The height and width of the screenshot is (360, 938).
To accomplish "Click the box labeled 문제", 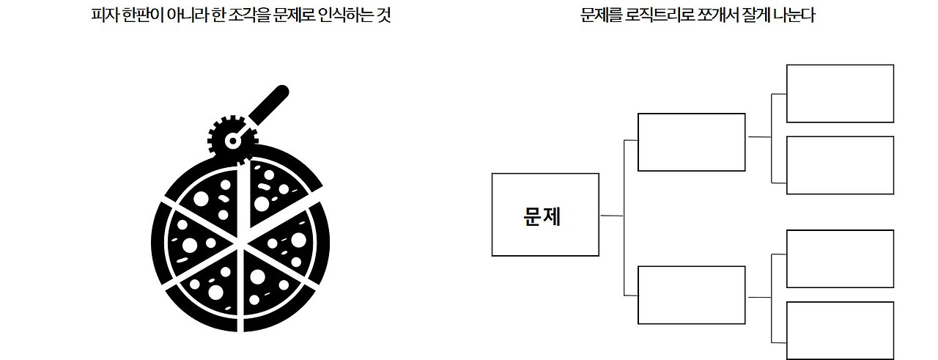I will point(545,215).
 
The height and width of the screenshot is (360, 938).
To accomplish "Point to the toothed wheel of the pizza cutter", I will point(232,136).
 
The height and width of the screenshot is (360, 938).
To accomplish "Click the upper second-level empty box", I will point(691,142).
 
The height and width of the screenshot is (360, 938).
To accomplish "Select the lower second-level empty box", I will point(691,295).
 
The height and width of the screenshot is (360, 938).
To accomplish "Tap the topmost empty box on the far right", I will point(840,93).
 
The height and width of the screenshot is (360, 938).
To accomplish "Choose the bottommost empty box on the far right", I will point(840,331).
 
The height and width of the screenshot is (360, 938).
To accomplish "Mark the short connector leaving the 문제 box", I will point(611,216).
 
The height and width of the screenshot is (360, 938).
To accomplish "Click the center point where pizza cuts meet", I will point(238,243).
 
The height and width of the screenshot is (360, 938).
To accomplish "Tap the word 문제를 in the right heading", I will point(599,16).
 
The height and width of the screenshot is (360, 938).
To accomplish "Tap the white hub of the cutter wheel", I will point(232,139).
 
